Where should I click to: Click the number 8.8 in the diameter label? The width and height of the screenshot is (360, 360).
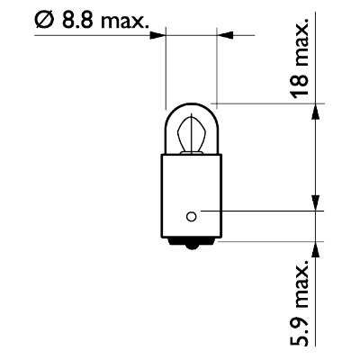pos(77,21)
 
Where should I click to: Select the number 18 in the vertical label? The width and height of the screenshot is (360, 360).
pos(300,85)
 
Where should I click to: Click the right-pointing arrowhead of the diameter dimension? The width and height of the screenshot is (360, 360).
pos(157,35)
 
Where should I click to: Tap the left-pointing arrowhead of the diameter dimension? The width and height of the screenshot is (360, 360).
pos(224,35)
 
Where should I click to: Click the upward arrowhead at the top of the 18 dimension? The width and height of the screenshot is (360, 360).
pos(316,112)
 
